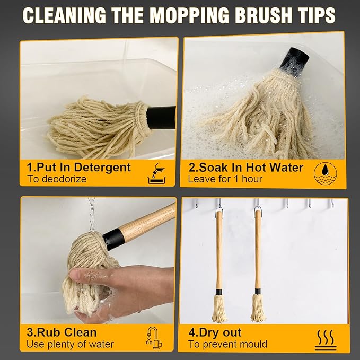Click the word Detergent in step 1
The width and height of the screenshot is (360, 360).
click(102, 168)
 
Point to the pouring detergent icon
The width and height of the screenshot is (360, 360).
click(156, 173)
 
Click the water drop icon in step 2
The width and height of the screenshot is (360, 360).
click(326, 173)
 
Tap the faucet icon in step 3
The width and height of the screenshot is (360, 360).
click(154, 338)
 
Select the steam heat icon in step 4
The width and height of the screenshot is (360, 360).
click(326, 340)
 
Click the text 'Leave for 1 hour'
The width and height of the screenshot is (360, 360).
click(225, 179)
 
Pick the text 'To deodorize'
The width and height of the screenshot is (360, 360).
click(57, 179)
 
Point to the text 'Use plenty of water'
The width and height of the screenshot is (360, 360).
click(70, 345)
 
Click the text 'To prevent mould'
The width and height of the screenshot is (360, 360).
click(227, 345)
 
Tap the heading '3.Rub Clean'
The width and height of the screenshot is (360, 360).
click(62, 332)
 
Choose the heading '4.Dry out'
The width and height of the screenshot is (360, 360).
click(215, 332)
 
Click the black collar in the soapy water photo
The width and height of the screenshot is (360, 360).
click(295, 60)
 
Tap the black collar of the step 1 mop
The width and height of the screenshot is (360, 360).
click(161, 117)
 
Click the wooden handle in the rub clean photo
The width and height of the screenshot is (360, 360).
click(147, 222)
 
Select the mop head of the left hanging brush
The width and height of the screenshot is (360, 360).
click(219, 309)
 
